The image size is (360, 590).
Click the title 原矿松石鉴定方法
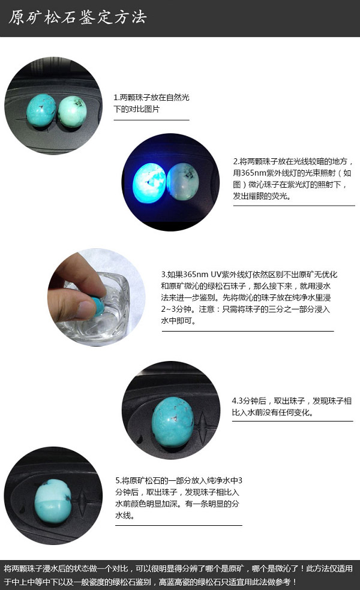point(77,17)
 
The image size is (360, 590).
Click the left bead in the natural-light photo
point(41,110)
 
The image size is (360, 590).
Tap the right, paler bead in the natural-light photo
point(73,112)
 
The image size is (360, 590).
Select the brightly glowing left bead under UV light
point(149,183)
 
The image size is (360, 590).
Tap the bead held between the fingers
point(97,306)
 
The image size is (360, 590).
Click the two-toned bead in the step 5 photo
point(53,501)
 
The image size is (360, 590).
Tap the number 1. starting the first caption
point(116,98)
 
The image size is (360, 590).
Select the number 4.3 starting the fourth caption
point(236,401)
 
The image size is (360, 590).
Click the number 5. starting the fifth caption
point(118,480)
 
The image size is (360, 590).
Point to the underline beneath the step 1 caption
point(151,120)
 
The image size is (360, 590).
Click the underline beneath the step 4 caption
point(293,421)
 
